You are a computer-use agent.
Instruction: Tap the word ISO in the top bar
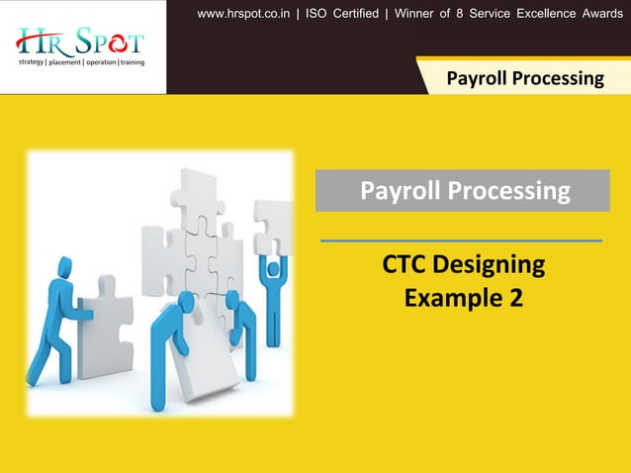click(x=319, y=13)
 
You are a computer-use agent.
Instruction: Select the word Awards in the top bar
click(x=596, y=13)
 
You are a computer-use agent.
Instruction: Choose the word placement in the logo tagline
click(x=65, y=62)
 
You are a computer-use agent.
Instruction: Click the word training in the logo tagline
click(x=133, y=62)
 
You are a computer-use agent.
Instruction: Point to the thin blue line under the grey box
click(x=461, y=240)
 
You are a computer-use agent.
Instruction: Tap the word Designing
click(x=490, y=265)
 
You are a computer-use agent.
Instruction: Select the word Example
click(x=450, y=297)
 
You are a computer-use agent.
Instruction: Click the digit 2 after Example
click(x=516, y=297)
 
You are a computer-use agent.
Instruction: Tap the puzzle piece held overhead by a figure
click(x=272, y=227)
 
